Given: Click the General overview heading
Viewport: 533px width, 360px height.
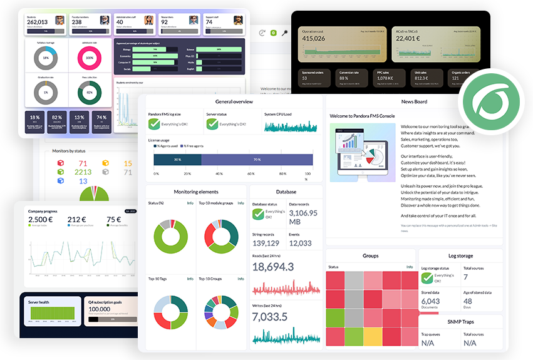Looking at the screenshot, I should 234,101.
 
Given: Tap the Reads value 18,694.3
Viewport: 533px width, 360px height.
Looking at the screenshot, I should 273,267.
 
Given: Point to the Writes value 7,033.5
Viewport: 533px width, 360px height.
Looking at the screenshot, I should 270,317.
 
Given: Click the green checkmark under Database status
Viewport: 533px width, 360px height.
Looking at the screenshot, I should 259,214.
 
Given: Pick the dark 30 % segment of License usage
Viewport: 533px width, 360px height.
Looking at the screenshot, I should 177,160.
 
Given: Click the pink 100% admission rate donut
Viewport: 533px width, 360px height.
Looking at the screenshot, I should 90,58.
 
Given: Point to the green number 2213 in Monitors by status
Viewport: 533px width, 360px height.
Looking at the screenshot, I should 83,172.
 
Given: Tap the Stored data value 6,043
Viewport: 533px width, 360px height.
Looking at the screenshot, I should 430,301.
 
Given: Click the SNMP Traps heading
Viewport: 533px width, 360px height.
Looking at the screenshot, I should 460,321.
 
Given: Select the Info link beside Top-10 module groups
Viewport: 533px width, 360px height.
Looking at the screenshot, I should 241,203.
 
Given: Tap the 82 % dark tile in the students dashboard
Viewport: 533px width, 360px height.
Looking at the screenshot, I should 57,118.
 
